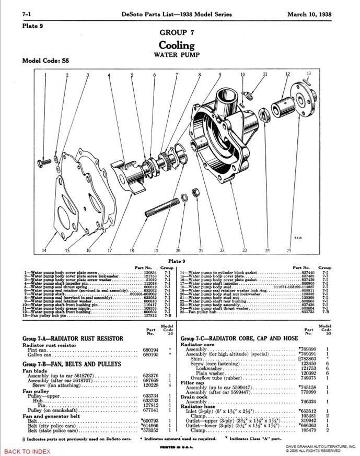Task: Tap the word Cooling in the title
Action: tap(177, 45)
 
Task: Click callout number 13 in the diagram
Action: tap(309, 73)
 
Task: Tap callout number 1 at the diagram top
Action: tap(45, 75)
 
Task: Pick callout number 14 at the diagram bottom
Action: tap(44, 250)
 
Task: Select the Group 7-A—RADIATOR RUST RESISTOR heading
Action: tap(73, 338)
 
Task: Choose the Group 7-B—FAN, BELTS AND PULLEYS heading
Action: tap(72, 364)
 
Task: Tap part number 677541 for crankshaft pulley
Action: tap(151, 410)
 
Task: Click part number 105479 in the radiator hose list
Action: tap(307, 430)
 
